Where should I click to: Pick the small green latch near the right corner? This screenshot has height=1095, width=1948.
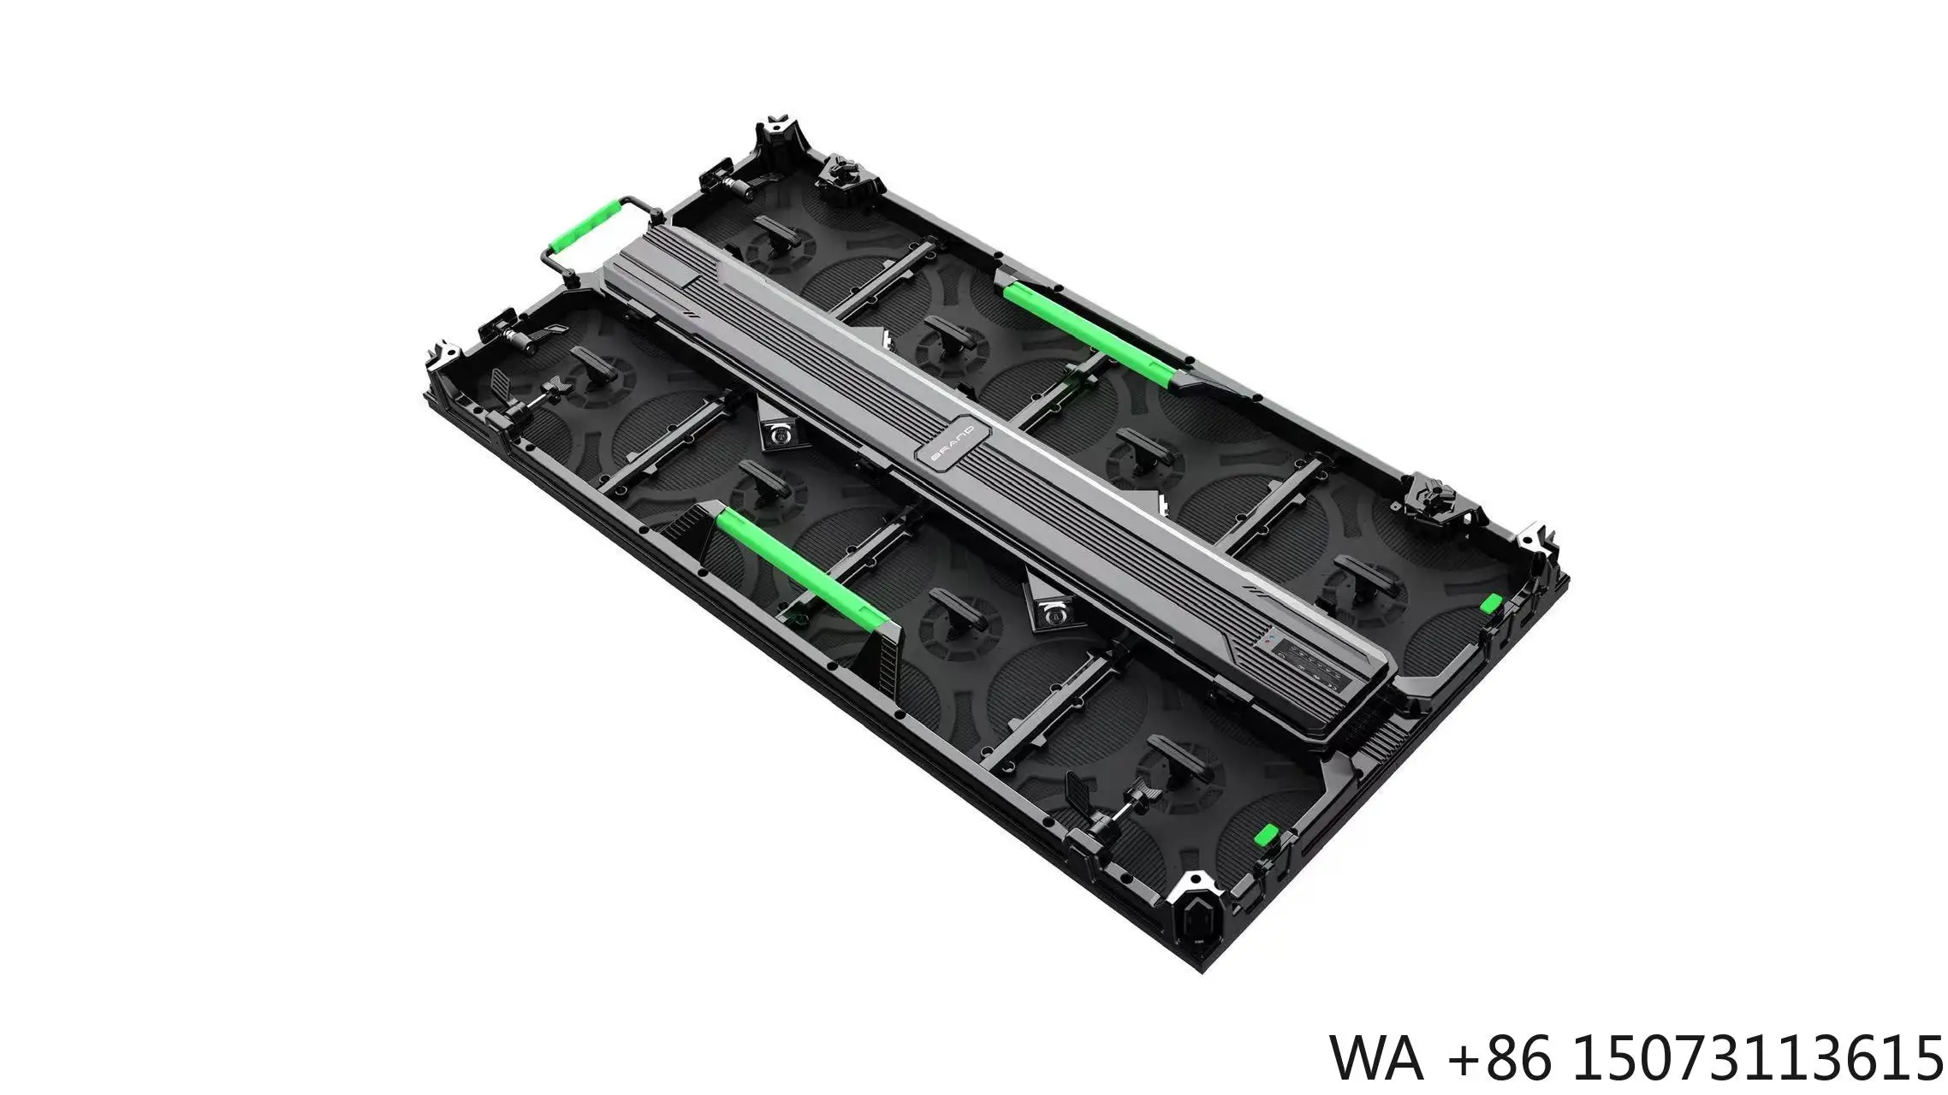(1490, 602)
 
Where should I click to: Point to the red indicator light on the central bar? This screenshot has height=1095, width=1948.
(1266, 639)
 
